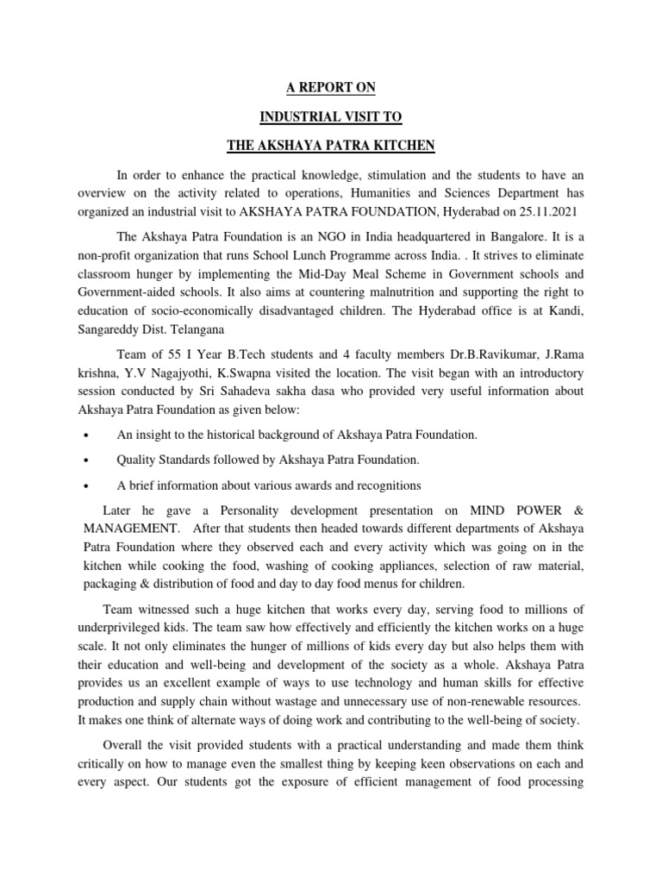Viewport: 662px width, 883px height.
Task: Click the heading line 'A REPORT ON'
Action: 331,87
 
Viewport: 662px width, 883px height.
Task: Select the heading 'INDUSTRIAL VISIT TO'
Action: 331,115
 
